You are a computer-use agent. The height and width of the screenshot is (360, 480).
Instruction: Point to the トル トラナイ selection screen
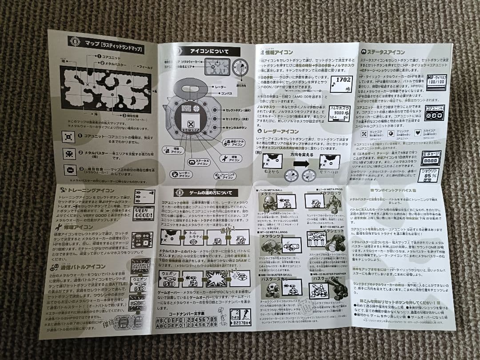(194, 236)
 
